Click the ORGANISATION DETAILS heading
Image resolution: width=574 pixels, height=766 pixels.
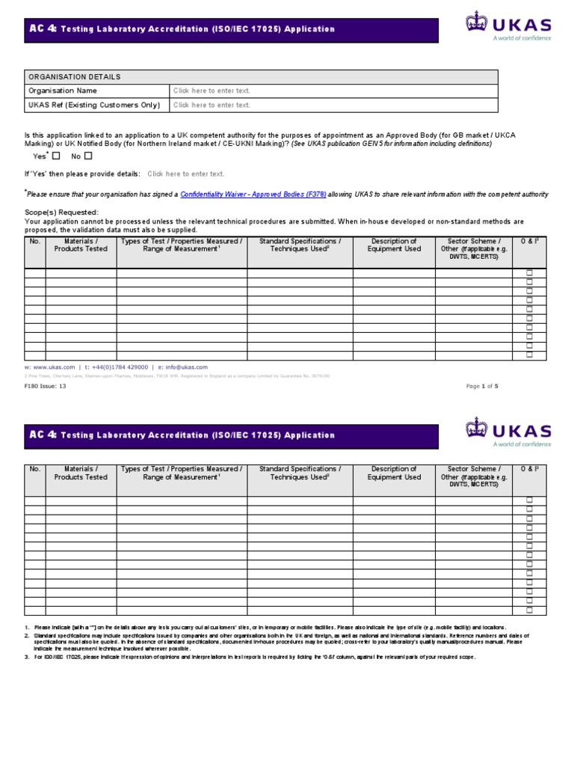74,77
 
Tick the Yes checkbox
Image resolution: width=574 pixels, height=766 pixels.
57,156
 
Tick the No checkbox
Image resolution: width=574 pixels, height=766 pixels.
88,156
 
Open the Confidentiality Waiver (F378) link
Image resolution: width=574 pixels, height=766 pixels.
253,194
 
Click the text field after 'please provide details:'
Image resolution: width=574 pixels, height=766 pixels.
186,174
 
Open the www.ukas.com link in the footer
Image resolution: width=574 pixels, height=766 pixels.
53,367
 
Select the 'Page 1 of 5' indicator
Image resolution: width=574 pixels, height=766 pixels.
482,386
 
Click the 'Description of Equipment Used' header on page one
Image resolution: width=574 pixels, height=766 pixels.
394,245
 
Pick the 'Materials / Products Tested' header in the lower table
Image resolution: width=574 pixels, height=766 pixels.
81,474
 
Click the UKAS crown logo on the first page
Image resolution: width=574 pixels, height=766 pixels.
475,22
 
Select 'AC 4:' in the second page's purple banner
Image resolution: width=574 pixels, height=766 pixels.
43,435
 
